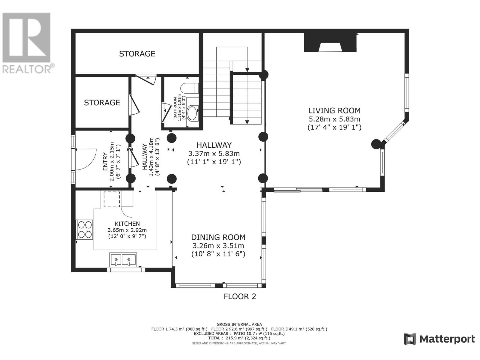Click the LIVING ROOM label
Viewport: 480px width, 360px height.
(334, 111)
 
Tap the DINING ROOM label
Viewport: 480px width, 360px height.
(218, 237)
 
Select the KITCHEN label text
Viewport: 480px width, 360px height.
(127, 223)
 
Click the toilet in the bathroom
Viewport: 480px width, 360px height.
(189, 88)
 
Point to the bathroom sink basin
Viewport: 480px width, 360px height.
(193, 113)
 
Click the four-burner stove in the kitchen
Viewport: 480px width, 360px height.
(85, 229)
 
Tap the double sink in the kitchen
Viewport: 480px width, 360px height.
(123, 260)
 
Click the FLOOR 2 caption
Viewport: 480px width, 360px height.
(240, 297)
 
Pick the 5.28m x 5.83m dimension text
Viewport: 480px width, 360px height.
(334, 119)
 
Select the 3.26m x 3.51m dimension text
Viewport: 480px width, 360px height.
(218, 246)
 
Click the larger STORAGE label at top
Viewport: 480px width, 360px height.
(137, 54)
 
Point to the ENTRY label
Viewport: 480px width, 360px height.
(105, 162)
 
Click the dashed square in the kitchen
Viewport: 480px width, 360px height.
(112, 199)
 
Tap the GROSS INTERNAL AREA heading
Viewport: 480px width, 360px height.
(239, 324)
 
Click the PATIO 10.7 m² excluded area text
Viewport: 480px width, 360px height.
(259, 334)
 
